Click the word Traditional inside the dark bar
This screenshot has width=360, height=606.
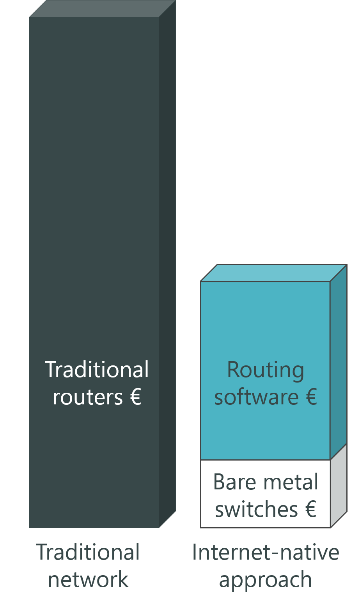(97, 369)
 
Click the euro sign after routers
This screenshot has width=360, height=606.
(135, 397)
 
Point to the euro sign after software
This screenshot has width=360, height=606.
(311, 397)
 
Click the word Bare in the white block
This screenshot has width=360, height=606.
(234, 482)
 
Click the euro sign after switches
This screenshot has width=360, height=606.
(311, 509)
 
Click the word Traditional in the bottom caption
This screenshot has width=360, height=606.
(88, 552)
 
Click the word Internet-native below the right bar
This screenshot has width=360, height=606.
(266, 552)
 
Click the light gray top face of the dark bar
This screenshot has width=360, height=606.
(103, 9)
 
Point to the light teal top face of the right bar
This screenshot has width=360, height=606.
(274, 273)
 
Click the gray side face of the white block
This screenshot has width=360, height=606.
(339, 486)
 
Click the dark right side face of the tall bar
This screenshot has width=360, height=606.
(168, 264)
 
